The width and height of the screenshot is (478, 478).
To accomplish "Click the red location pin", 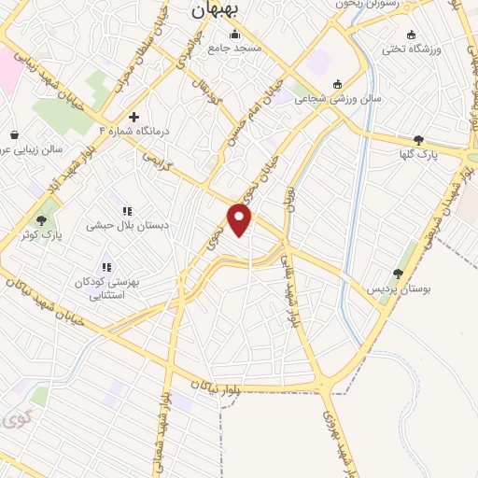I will (240, 219).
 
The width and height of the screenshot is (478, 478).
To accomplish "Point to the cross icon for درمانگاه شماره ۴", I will (134, 118).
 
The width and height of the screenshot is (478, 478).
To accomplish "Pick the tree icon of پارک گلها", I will (417, 139).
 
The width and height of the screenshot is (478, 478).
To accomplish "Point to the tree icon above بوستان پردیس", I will (399, 274).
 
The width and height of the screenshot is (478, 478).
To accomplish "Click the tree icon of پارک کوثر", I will (42, 221).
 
